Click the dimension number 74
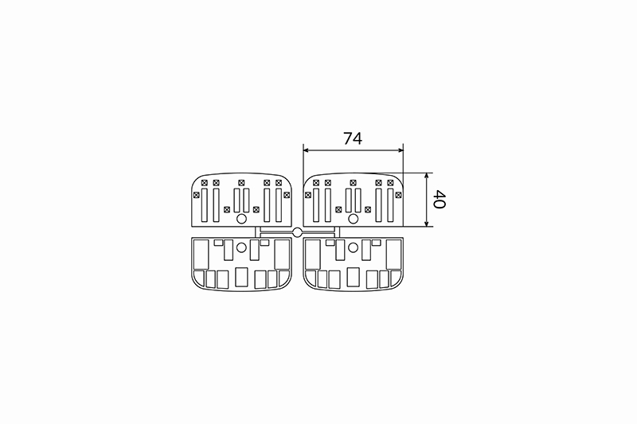(x=353, y=138)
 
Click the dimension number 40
(x=440, y=199)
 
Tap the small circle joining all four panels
(x=297, y=232)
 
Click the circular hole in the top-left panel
(x=241, y=219)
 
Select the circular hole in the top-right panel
(x=354, y=219)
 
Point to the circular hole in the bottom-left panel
(x=241, y=247)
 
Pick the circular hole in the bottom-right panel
(x=354, y=247)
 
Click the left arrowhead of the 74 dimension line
(x=307, y=150)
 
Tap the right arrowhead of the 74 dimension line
(x=400, y=150)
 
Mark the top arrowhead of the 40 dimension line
(x=426, y=177)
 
